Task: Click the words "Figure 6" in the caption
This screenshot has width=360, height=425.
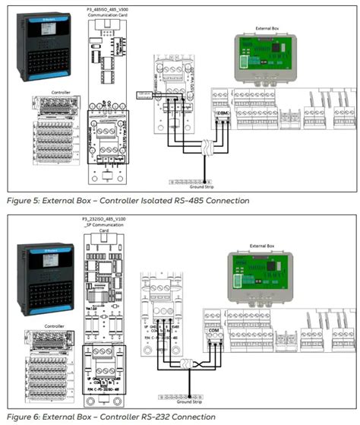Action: click(x=24, y=417)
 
